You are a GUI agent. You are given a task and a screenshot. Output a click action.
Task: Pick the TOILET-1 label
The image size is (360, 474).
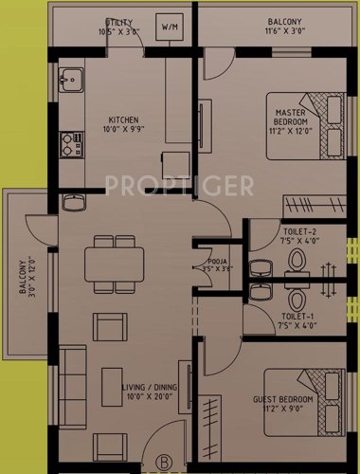(x=298, y=320)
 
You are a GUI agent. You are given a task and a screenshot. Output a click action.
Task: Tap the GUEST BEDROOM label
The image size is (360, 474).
(x=285, y=406)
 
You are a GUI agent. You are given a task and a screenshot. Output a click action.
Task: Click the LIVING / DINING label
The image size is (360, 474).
(x=151, y=391)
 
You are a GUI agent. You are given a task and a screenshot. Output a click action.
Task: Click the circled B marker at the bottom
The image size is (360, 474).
(x=163, y=464)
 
